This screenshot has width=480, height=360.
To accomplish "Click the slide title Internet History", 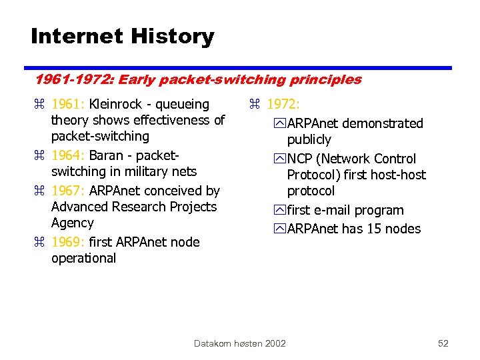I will click(x=123, y=36).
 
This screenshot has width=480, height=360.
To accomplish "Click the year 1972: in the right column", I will click(x=283, y=105).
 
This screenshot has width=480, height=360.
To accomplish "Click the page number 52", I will click(x=443, y=343).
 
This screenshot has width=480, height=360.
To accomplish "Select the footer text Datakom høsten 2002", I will click(x=239, y=343).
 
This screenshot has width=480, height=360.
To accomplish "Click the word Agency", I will click(x=73, y=223).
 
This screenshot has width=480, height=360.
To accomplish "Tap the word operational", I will click(x=83, y=259).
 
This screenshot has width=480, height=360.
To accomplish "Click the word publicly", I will click(x=309, y=140).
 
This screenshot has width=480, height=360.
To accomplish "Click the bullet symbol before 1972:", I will click(x=254, y=105).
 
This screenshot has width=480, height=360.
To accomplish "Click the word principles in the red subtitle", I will click(x=325, y=80).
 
